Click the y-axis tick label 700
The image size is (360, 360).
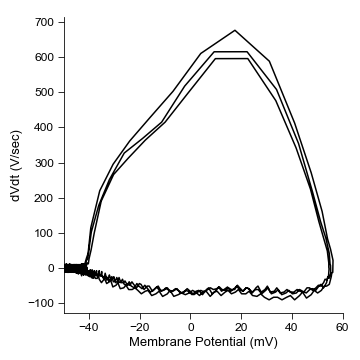click(44, 22)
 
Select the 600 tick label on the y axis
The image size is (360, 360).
click(44, 57)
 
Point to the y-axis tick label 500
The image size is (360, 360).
click(44, 92)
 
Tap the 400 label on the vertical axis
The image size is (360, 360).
click(44, 127)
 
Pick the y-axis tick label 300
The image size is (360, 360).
click(44, 163)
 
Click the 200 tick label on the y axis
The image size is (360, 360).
click(44, 198)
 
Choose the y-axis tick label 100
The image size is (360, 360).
click(44, 233)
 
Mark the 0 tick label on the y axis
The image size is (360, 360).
click(52, 268)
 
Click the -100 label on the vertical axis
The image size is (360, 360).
click(42, 303)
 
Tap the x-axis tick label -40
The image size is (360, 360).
click(88, 326)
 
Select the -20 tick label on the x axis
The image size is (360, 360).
click(139, 326)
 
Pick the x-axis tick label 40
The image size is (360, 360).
click(291, 326)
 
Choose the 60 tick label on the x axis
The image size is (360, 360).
click(342, 326)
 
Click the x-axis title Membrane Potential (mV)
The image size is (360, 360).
click(203, 342)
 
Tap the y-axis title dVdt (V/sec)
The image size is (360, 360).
click(15, 164)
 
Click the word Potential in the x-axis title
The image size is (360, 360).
click(217, 342)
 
